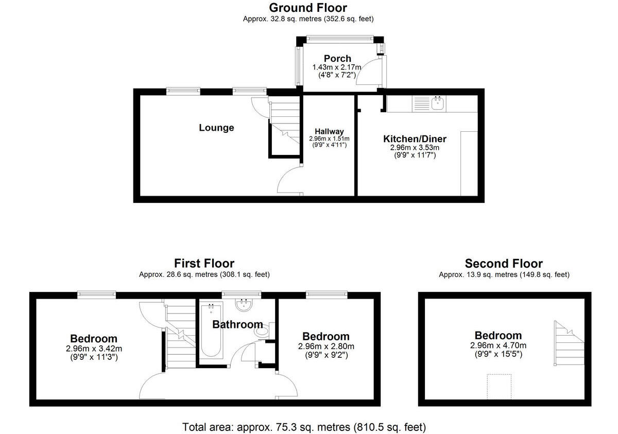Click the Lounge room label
(216, 128)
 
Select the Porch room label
(337, 59)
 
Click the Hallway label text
(329, 132)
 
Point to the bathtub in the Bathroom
(211, 331)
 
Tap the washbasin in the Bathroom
(243, 305)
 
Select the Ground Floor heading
(308, 8)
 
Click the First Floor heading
(204, 264)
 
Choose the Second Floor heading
(504, 264)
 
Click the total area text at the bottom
(304, 427)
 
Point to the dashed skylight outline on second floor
(499, 386)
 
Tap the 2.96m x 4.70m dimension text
(498, 345)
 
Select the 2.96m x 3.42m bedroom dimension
(94, 349)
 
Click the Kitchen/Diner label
(415, 139)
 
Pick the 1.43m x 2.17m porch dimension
(337, 67)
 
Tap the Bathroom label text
(237, 325)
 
